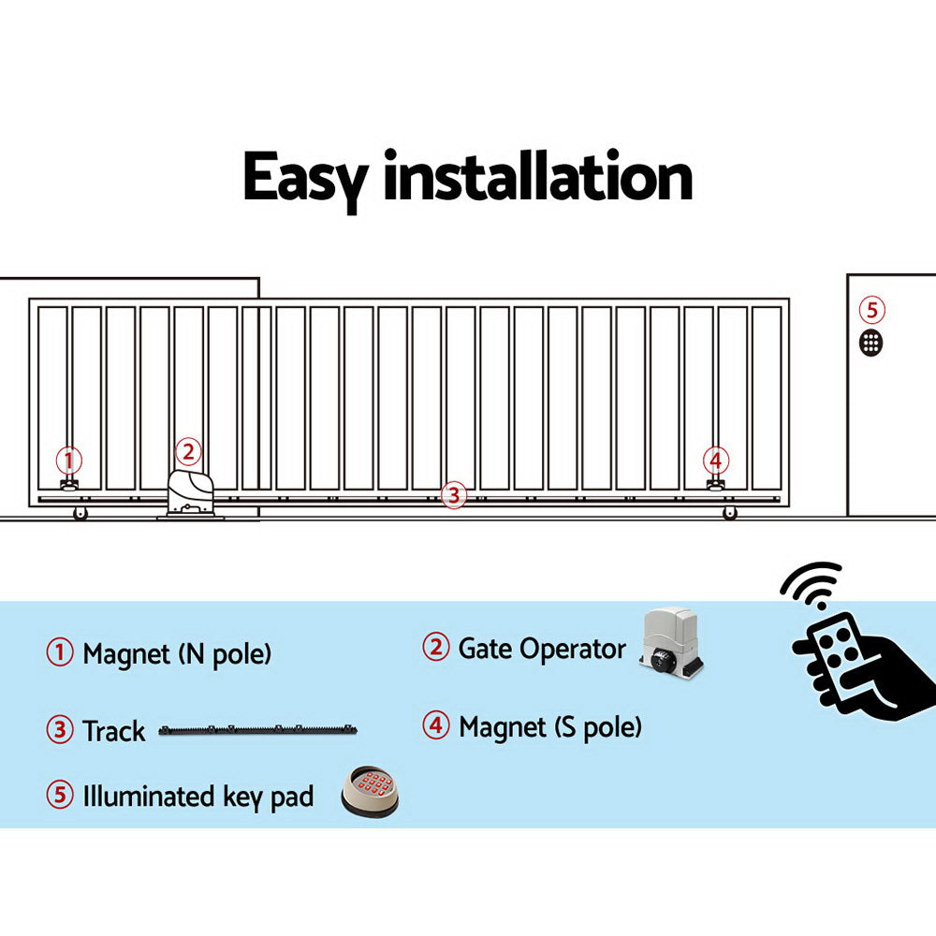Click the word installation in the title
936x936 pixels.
click(x=537, y=178)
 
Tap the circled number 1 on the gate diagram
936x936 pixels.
click(x=68, y=461)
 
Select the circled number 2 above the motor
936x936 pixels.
click(x=188, y=452)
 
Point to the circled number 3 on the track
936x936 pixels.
click(x=453, y=495)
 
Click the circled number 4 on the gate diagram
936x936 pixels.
click(x=716, y=461)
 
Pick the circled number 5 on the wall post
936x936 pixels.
click(x=871, y=310)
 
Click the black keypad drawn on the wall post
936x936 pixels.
click(x=871, y=342)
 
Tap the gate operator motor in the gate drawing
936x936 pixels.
click(x=191, y=492)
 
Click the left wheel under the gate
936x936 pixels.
click(x=80, y=513)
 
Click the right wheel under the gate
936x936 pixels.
click(x=729, y=513)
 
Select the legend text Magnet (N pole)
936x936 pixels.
click(x=177, y=653)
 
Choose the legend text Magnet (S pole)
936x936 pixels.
click(x=550, y=727)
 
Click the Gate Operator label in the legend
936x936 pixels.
click(x=541, y=649)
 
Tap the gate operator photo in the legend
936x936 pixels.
click(x=672, y=644)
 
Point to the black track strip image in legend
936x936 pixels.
click(x=258, y=729)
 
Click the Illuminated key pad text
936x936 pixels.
click(x=197, y=797)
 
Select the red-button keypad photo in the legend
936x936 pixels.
click(x=370, y=792)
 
